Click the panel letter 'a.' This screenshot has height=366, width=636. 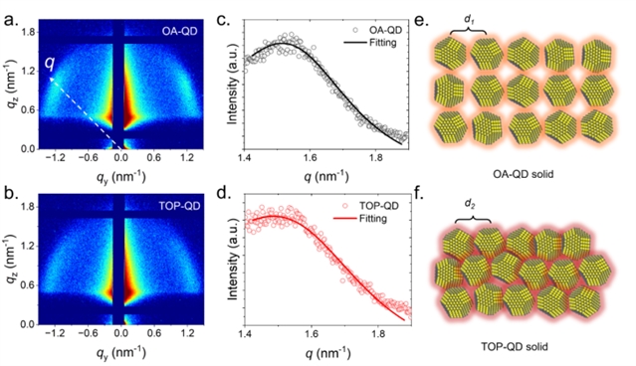click(x=11, y=20)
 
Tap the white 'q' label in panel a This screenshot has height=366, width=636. click(x=50, y=63)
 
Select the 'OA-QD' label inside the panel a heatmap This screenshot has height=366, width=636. click(x=180, y=31)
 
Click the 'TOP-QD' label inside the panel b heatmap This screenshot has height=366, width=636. click(x=179, y=206)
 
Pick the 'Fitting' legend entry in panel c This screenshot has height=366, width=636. click(x=382, y=42)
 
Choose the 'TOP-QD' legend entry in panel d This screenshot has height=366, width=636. click(x=379, y=206)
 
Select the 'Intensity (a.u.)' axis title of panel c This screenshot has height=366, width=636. click(x=233, y=89)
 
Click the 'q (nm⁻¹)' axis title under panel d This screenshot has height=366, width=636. click(x=327, y=353)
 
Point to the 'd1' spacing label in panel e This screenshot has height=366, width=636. click(x=469, y=20)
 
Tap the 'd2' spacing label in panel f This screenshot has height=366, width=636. click(x=470, y=204)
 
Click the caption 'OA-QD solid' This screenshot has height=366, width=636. click(x=524, y=174)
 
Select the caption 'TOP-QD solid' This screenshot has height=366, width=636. click(x=515, y=347)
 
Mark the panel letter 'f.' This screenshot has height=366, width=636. click(x=419, y=194)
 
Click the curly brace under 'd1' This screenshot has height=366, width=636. click(x=468, y=31)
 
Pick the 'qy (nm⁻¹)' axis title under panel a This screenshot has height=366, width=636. click(x=120, y=177)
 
